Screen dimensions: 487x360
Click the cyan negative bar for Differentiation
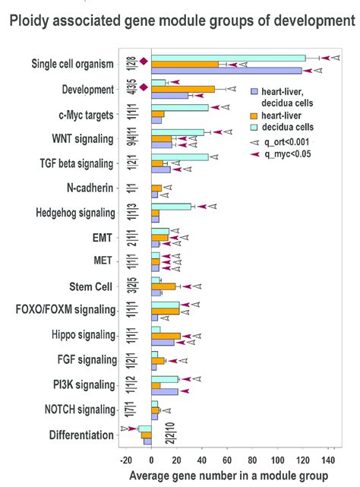point(144,429)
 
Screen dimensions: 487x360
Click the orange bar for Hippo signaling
point(166,336)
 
